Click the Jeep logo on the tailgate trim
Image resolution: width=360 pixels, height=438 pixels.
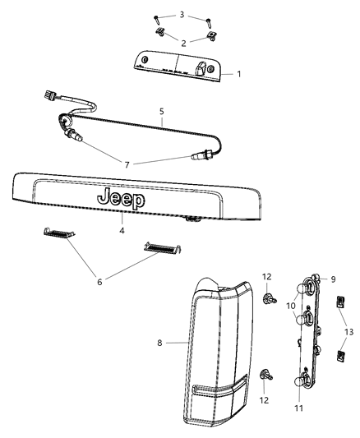point(121,199)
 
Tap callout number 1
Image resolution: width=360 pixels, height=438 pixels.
point(239,74)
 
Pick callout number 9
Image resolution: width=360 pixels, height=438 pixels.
point(333,279)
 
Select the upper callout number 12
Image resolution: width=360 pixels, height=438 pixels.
point(266,276)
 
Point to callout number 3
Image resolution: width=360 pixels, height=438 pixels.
point(182,15)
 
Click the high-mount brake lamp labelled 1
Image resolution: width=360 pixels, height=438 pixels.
point(177,65)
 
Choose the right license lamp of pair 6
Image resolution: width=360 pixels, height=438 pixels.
point(160,247)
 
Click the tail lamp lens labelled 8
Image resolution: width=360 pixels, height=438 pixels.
point(218,345)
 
